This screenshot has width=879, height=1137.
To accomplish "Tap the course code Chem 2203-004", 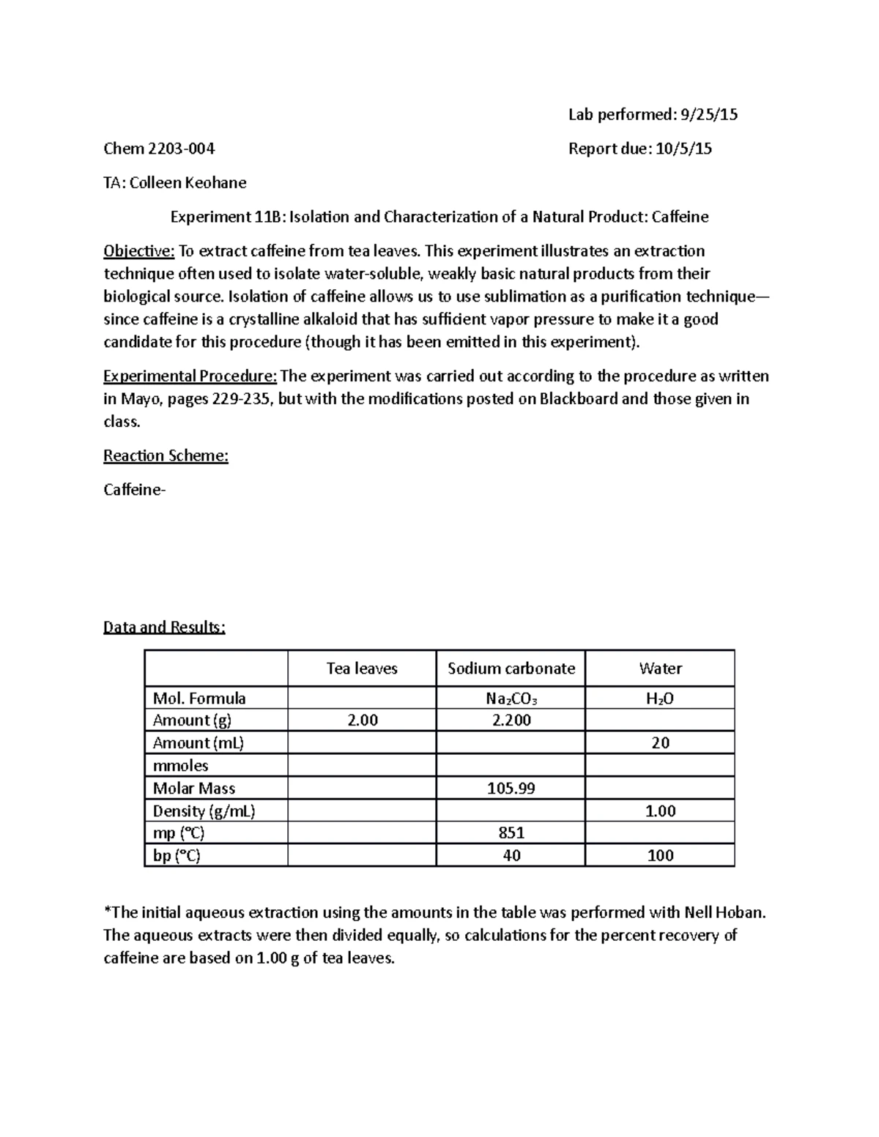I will pos(159,149).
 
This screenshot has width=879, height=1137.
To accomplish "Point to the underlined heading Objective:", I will pos(138,251).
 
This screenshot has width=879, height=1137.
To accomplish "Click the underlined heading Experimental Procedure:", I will pos(190,376).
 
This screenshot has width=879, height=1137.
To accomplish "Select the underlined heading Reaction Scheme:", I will pos(166,455).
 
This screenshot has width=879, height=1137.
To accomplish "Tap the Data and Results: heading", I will pos(164,627).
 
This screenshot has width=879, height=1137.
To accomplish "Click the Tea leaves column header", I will pos(362,668).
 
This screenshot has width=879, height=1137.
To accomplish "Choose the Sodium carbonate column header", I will pos(511,668).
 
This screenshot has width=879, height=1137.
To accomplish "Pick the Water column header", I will pos(660,668).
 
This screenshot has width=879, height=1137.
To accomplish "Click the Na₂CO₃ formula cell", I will pos(511,698).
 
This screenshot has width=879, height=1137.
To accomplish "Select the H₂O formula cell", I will pos(660,698).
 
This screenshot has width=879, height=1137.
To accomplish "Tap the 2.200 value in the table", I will pos(511,720).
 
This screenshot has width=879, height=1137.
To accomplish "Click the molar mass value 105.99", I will pos(511,789).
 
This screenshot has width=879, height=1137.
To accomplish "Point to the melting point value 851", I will pos(511,833).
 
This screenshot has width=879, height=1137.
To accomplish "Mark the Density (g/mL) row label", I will pos(204,811).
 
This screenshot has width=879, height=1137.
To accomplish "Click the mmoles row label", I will pos(180,766).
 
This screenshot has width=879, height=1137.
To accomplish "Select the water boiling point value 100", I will pos(660,856).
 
